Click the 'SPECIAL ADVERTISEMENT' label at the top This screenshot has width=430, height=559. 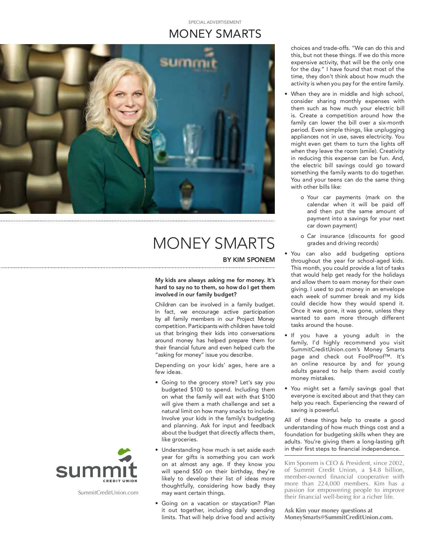pyautogui.click(x=215, y=22)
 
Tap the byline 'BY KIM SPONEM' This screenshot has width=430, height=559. pyautogui.click(x=249, y=260)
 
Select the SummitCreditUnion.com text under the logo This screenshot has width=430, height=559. pyautogui.click(x=108, y=493)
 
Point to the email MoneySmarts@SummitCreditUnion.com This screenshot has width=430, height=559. pyautogui.click(x=338, y=517)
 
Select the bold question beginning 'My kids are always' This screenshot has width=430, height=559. pyautogui.click(x=215, y=287)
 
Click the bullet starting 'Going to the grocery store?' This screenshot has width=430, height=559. pyautogui.click(x=218, y=411)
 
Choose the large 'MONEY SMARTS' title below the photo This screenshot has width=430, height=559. pyautogui.click(x=214, y=243)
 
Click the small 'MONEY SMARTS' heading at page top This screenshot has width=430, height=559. pyautogui.click(x=215, y=34)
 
